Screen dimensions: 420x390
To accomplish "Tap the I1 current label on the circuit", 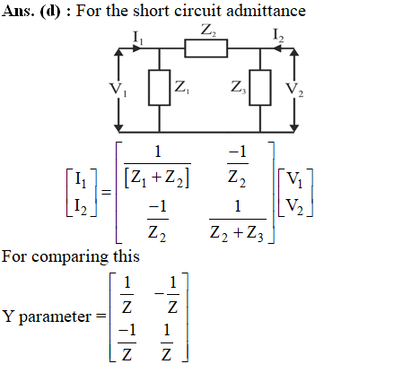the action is pos(138,38).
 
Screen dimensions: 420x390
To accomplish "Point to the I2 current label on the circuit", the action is pos(278,35).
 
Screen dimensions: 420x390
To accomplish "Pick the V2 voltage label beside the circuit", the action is pos(294,90).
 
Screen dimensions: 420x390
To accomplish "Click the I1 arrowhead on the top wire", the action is pos(136,48).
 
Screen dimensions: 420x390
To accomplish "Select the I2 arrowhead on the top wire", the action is pos(278,48).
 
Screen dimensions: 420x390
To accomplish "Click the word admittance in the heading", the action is pos(266,11).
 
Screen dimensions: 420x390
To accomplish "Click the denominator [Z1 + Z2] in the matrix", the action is pos(157,178).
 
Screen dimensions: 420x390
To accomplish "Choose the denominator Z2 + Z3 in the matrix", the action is pos(237,233).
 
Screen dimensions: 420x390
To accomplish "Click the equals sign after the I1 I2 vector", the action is pos(107,192).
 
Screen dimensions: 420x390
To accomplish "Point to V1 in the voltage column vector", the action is pos(294,179).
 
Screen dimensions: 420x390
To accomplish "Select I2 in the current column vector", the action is pos(81,206).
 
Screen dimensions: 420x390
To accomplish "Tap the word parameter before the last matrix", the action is pos(55,316).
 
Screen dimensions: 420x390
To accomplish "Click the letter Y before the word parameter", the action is pos(8,316).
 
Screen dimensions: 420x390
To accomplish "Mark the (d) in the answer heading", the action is pos(50,12).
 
